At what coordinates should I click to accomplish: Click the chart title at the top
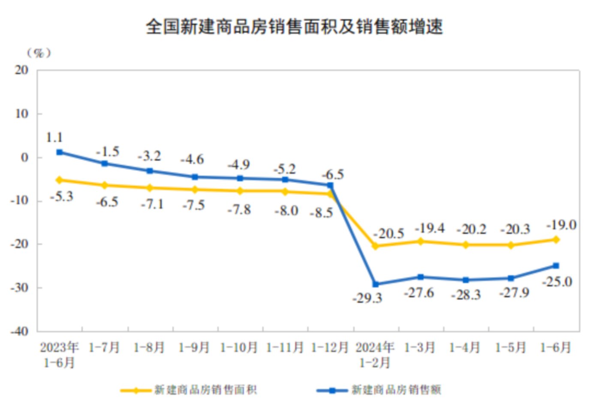[294, 27]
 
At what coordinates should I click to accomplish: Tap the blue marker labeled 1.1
[60, 152]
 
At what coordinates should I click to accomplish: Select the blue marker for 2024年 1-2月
[376, 284]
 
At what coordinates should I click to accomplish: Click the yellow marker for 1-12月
[330, 194]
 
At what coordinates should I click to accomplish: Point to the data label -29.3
[367, 298]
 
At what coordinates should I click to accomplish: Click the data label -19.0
[561, 225]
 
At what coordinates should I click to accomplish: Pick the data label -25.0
[557, 282]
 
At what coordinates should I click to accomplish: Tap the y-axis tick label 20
[21, 70]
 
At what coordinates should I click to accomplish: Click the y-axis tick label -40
[20, 331]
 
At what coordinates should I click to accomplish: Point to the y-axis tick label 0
[25, 157]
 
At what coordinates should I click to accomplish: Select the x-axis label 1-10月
[239, 347]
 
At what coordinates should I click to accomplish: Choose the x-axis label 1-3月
[420, 347]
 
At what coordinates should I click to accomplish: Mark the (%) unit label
[39, 53]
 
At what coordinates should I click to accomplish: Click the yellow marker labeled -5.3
[60, 180]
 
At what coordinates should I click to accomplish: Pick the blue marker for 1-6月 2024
[556, 266]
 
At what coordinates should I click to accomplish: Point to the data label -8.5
[322, 212]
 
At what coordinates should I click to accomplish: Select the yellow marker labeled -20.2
[466, 245]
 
